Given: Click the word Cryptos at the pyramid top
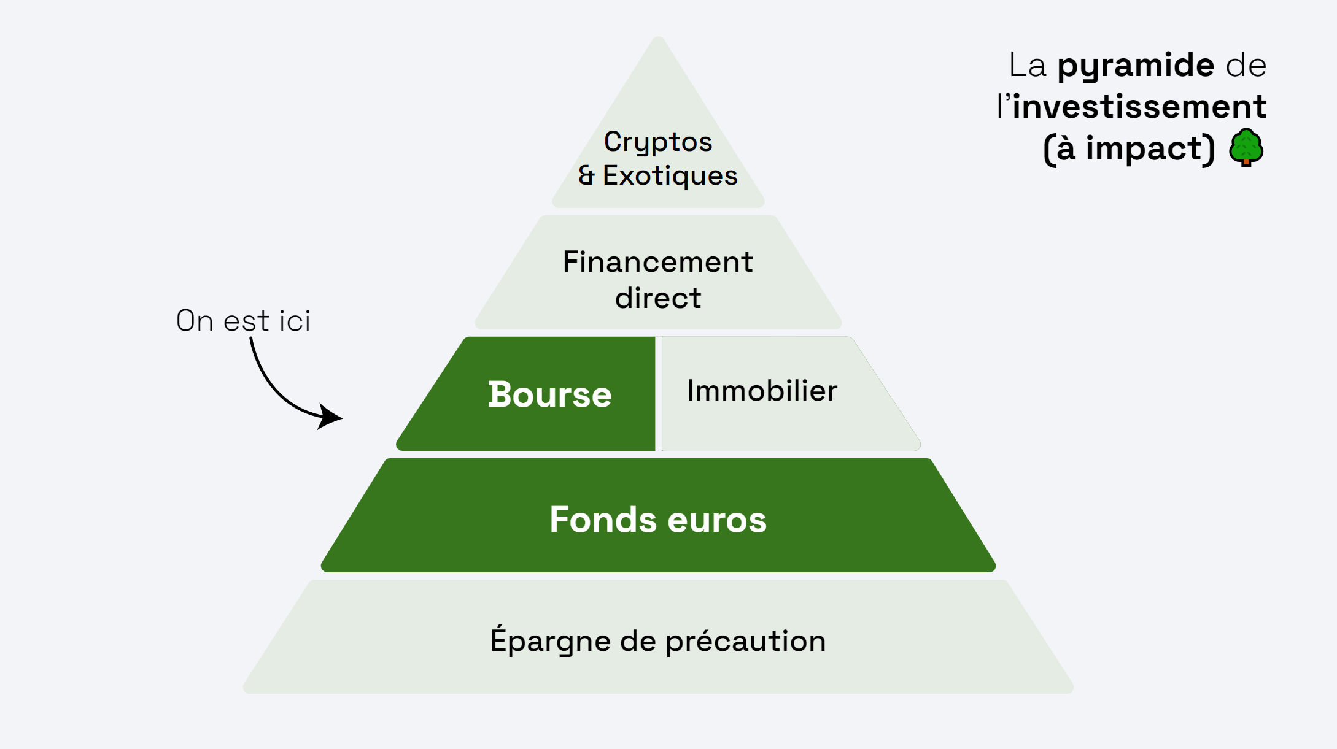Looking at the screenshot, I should click(658, 142).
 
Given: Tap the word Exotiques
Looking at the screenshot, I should click(670, 175).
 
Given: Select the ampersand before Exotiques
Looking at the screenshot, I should click(586, 175).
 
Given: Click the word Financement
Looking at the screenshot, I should click(657, 262).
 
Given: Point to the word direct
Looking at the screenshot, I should click(657, 298).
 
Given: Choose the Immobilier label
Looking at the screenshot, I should click(762, 391).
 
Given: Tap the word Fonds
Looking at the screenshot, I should click(603, 520).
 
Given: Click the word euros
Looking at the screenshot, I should click(717, 521).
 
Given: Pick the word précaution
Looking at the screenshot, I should click(745, 642).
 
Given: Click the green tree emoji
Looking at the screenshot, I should click(1246, 147).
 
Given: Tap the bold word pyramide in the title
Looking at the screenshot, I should click(1135, 66).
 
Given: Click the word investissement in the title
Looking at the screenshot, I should click(1139, 107).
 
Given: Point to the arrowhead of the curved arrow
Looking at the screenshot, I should click(331, 417).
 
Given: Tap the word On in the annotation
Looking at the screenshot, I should click(195, 321).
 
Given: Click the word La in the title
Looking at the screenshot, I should click(1027, 66).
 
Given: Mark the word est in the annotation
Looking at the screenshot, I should click(246, 321).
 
